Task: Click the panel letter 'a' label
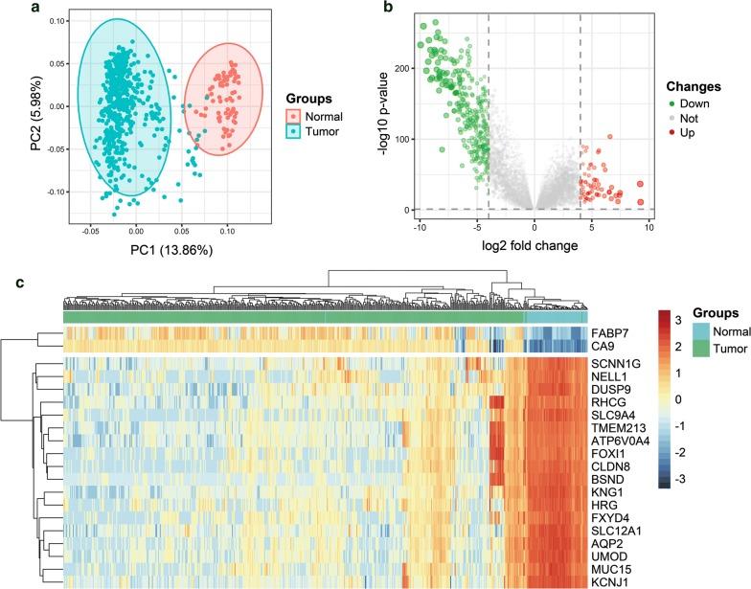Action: tap(9, 8)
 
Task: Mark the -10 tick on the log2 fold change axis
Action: tap(419, 226)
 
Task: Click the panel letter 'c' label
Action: tap(9, 283)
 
